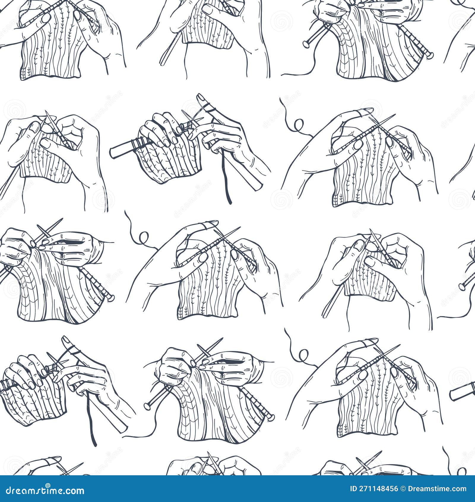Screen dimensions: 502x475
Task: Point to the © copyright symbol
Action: point(403,489)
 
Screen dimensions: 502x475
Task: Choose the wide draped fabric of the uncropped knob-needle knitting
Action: point(214,416)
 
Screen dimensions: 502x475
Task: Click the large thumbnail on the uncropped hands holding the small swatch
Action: point(359,245)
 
